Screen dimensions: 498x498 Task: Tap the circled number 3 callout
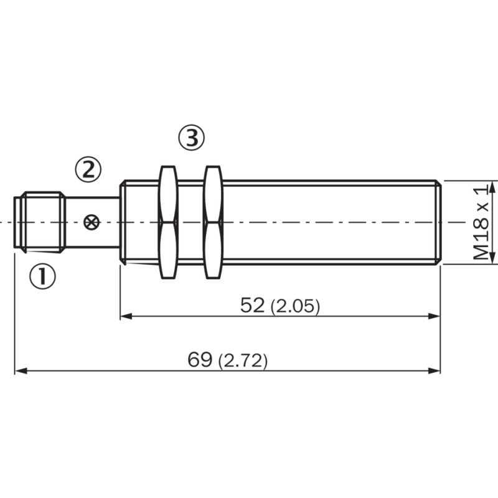tap(191, 138)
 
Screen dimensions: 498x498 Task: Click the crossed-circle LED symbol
tap(92, 222)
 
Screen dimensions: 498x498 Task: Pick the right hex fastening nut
tap(213, 222)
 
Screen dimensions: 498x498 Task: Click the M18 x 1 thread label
tap(481, 223)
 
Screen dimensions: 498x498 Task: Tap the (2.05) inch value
tap(295, 307)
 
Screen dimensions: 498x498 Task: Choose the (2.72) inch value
tap(243, 361)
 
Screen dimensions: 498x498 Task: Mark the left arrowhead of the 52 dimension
tap(125, 316)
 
